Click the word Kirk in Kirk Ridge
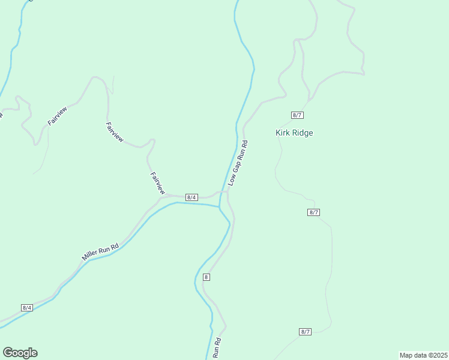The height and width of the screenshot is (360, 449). [283, 133]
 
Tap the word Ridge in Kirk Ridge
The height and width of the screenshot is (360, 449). [303, 133]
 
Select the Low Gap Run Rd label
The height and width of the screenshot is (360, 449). [238, 162]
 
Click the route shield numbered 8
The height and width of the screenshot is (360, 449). [206, 277]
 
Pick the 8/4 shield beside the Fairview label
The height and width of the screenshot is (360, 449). [191, 197]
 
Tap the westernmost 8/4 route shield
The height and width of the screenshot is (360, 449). [26, 307]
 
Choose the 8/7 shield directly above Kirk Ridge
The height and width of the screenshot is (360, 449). [297, 115]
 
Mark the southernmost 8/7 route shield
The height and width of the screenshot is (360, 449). [305, 332]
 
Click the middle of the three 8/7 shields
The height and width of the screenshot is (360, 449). [313, 212]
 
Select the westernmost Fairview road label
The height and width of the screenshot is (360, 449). [57, 115]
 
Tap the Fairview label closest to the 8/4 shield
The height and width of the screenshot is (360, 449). [157, 182]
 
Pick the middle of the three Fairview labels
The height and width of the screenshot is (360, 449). [114, 132]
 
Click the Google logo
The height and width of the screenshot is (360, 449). [20, 353]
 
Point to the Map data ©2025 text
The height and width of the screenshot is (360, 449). [423, 355]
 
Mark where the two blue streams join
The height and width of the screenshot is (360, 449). [220, 207]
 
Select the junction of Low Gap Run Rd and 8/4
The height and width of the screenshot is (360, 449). [228, 192]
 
